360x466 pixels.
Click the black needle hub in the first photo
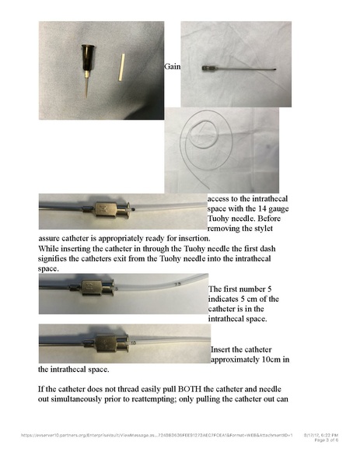click(x=85, y=58)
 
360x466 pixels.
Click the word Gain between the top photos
click(x=173, y=67)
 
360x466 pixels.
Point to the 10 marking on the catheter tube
click(x=133, y=342)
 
